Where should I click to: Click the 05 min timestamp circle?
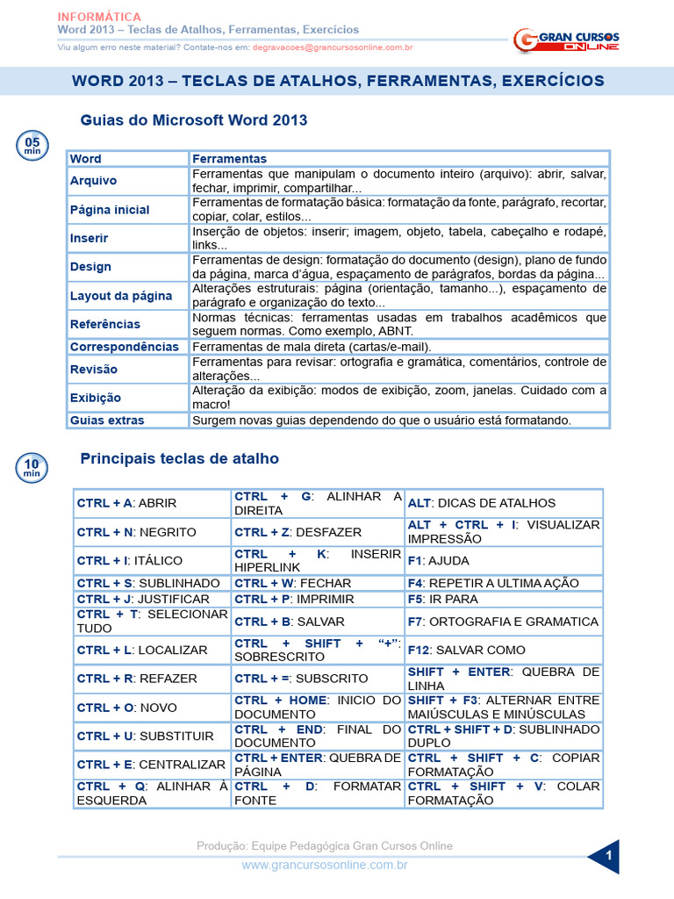[32, 145]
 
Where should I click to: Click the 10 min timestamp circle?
[32, 467]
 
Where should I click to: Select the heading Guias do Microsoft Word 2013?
[194, 119]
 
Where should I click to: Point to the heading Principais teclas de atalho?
[180, 458]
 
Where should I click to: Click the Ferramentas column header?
[229, 159]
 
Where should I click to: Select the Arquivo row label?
[94, 181]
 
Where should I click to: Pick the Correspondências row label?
[124, 347]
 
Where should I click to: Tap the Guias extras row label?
[107, 421]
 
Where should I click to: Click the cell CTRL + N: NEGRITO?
[137, 532]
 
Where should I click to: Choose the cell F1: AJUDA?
[439, 560]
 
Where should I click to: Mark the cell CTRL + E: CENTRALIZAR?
[151, 765]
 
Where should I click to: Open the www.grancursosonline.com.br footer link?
[325, 865]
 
